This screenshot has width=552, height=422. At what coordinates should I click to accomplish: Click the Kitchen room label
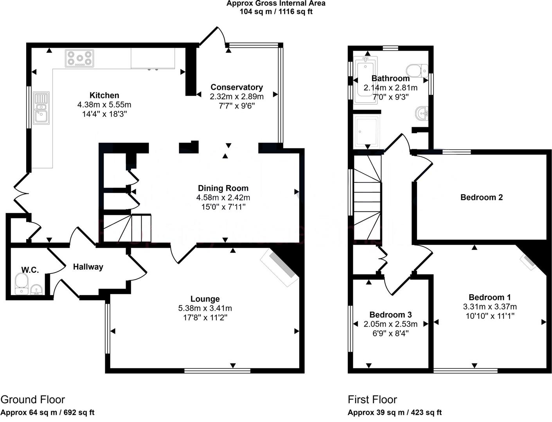104,95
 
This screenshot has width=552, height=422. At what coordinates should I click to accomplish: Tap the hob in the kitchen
79,58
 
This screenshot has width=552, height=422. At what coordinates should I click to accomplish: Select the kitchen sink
41,108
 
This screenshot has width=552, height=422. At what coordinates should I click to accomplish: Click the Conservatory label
237,87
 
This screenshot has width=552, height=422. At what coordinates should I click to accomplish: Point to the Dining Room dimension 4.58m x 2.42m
223,197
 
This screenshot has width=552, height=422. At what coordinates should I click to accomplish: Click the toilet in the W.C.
22,284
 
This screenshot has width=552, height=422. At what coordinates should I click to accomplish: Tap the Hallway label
88,267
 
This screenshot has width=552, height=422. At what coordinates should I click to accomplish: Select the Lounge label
205,299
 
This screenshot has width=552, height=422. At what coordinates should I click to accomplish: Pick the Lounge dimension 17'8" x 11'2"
205,318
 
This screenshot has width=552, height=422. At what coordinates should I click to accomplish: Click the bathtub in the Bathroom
366,80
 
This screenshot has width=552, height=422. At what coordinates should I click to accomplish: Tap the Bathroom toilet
417,71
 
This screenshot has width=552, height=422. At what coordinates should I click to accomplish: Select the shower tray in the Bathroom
367,132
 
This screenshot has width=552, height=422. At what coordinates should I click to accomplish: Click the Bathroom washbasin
422,114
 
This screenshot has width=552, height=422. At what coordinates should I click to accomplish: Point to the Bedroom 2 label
481,197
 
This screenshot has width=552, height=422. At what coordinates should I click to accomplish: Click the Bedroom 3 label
390,315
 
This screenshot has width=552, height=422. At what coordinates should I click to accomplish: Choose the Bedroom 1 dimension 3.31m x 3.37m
490,306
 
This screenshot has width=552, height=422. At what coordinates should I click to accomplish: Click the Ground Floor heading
33,399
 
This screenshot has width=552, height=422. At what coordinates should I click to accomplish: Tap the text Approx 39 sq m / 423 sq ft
395,412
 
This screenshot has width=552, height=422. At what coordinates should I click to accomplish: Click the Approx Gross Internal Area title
276,3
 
